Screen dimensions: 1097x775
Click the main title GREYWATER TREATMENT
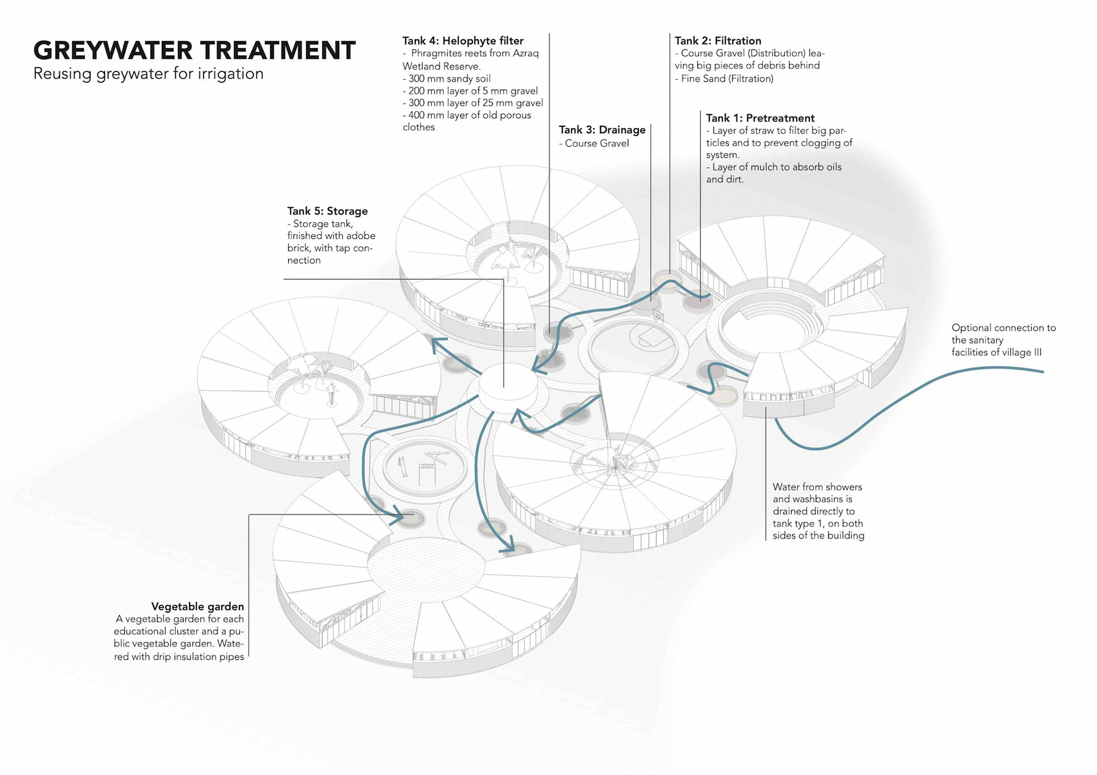pos(194,50)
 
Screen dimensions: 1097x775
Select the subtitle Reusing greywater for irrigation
pos(149,74)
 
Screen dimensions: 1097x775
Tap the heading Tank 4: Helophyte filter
pos(463,41)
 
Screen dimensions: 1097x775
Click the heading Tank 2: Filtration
pos(718,41)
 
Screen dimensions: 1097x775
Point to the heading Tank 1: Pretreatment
pos(760,118)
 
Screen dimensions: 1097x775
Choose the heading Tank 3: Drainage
pos(602,130)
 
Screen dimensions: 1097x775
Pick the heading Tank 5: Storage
pos(327,211)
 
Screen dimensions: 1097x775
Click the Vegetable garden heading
pos(198,607)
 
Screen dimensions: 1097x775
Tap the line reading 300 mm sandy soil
pos(447,79)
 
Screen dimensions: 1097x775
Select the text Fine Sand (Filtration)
pos(724,79)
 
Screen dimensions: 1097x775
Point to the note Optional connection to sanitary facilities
pos(1004,340)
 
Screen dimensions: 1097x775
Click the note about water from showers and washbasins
pos(818,511)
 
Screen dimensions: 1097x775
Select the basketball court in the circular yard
pos(651,337)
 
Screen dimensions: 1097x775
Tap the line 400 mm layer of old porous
pos(467,115)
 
